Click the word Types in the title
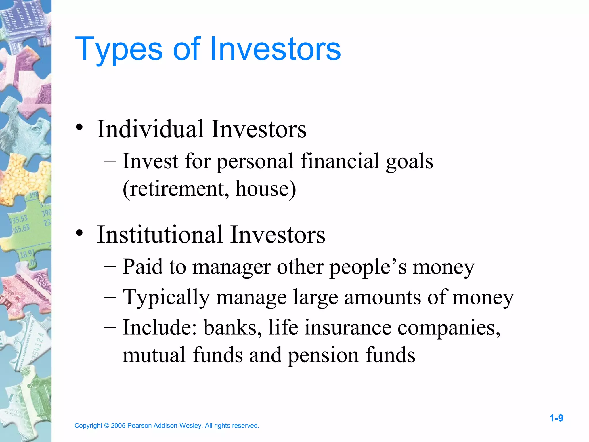tap(119, 49)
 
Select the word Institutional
tap(160, 235)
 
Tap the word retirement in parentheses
tap(176, 189)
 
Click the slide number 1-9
tap(556, 418)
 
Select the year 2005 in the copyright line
tap(118, 426)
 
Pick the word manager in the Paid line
tap(232, 267)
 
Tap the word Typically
tap(166, 297)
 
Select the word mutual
tap(154, 355)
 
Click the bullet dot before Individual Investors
tap(80, 127)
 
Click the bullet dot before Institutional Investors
tap(80, 233)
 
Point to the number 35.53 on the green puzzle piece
tap(19, 219)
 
